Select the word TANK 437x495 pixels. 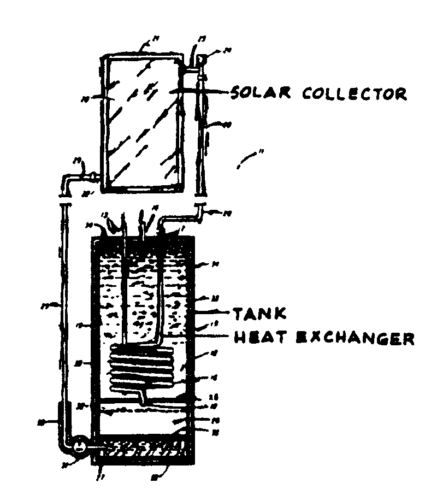tap(259, 314)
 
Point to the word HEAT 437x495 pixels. tap(256, 338)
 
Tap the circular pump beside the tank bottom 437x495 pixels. tap(80, 446)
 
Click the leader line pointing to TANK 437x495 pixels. tap(213, 313)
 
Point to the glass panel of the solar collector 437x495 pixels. tap(142, 120)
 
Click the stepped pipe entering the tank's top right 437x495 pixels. tap(180, 219)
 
